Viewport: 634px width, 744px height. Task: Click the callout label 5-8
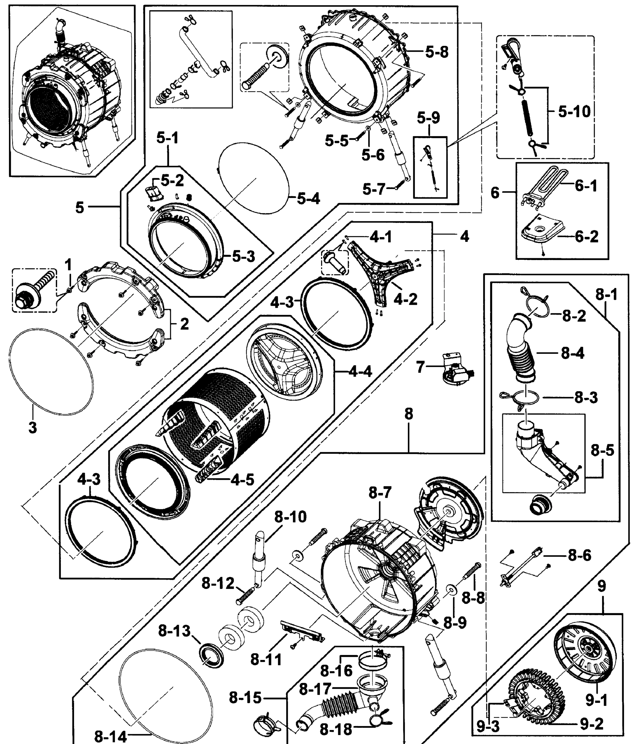pyautogui.click(x=437, y=52)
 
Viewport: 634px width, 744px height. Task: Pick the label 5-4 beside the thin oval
pyautogui.click(x=308, y=198)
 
